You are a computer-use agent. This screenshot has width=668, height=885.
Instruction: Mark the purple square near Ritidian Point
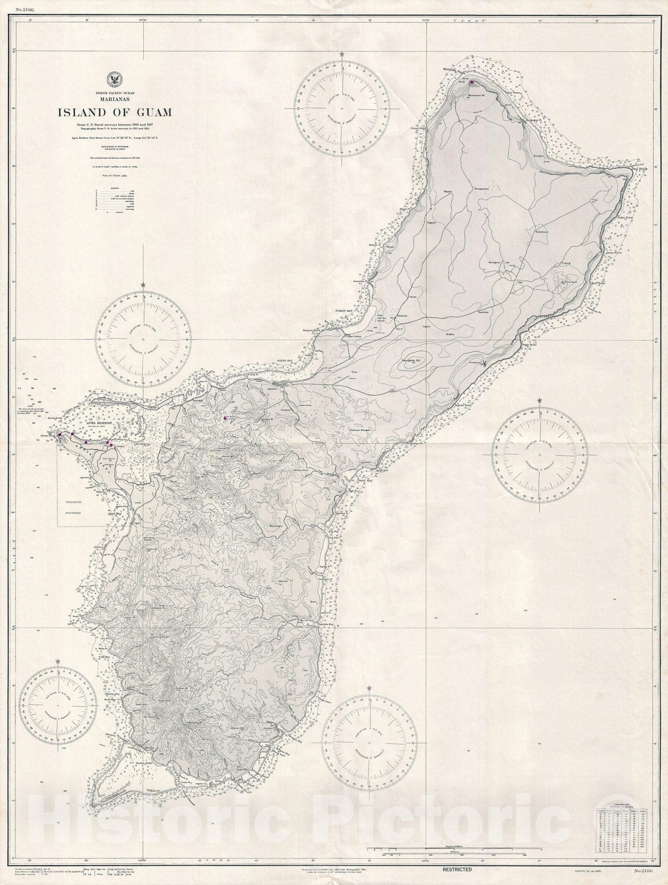point(471,82)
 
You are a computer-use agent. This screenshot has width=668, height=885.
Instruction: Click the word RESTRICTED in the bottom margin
point(456,870)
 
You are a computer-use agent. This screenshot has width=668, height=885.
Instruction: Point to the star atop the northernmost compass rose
point(343,54)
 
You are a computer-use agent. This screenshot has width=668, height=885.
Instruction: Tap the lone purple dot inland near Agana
point(225,419)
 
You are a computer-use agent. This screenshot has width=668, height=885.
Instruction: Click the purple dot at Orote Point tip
point(59,435)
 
